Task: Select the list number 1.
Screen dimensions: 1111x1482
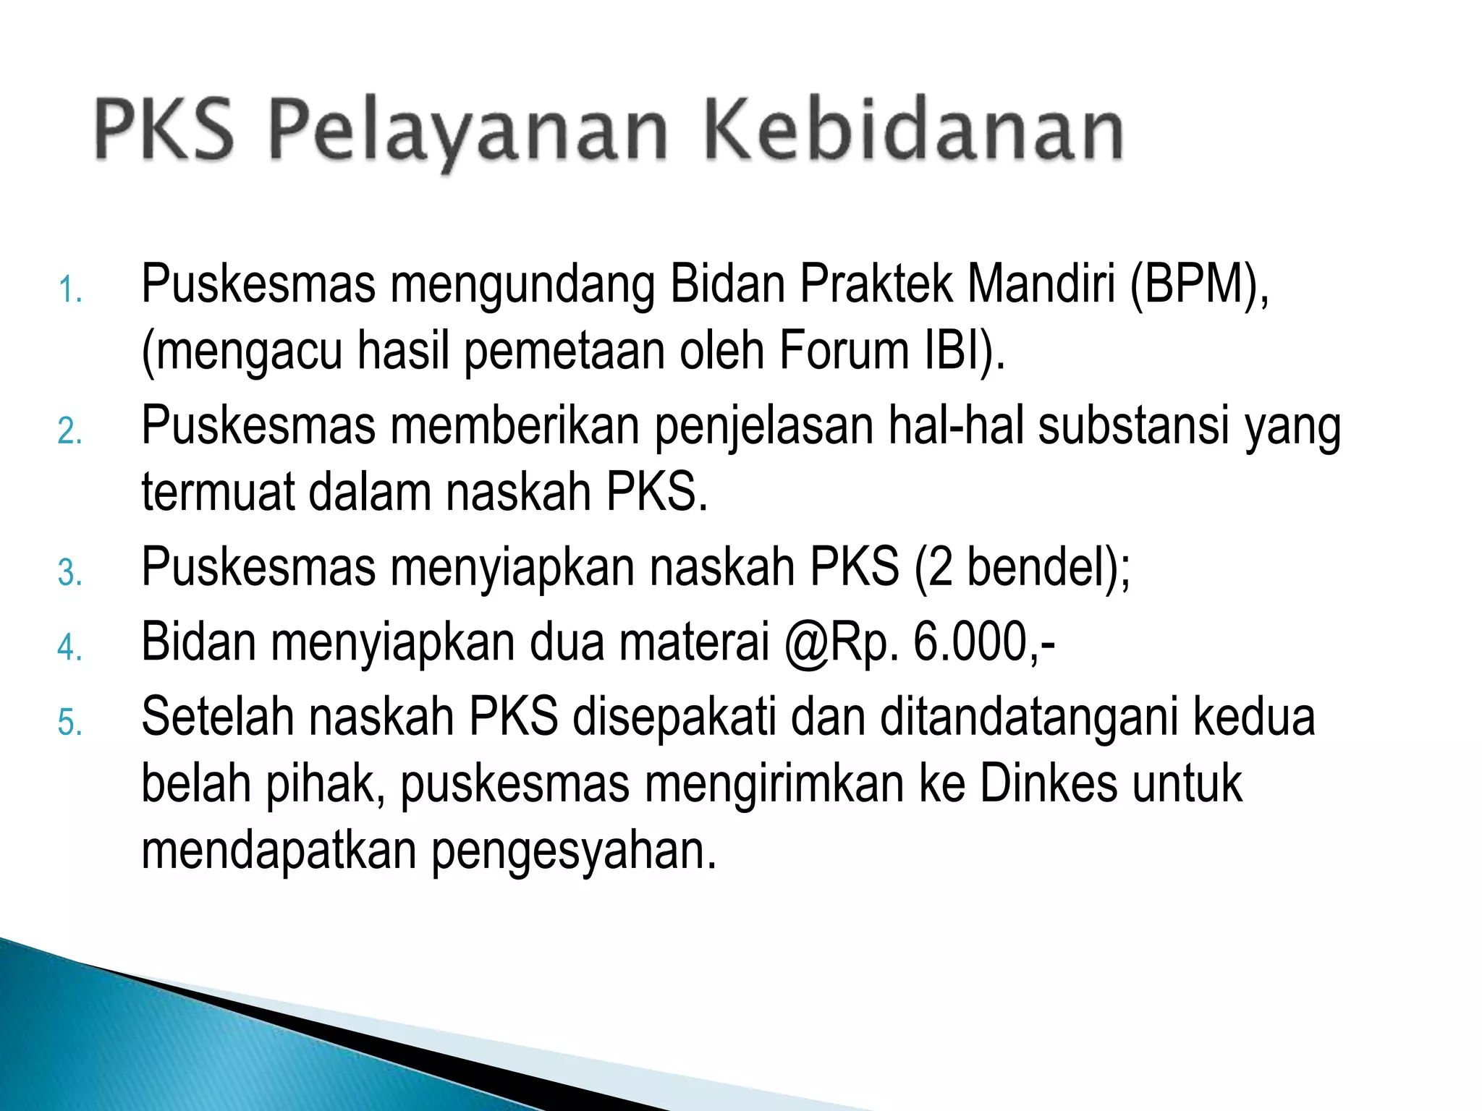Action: [x=70, y=290]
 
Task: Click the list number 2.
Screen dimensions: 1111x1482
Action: [x=70, y=431]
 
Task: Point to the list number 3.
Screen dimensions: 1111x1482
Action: [x=70, y=573]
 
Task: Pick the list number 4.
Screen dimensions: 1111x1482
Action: [x=70, y=647]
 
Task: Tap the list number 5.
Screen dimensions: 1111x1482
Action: [x=70, y=722]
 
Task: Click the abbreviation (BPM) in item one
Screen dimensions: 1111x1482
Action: [x=1198, y=284]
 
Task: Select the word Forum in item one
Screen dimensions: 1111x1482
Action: [x=844, y=351]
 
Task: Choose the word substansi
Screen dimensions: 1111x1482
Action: [x=1134, y=425]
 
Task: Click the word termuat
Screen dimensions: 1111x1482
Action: [x=218, y=492]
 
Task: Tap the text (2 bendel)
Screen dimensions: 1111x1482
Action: [x=1020, y=567]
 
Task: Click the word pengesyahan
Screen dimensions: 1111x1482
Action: [x=574, y=851]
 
